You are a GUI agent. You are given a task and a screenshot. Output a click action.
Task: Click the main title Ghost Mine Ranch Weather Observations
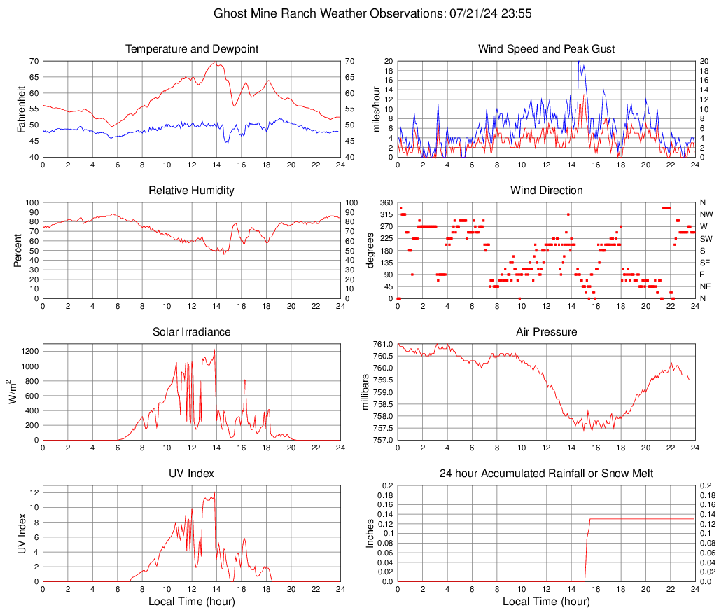coord(359,13)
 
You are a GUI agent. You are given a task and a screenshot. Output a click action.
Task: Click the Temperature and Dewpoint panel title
coord(191,49)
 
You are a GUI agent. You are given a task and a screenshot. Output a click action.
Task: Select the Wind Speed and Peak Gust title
coord(546,49)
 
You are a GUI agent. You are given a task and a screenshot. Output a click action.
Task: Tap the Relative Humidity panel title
coord(191,191)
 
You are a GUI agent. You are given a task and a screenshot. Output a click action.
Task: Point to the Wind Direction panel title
coord(546,191)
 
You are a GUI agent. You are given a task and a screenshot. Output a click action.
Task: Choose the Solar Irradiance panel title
coord(191,332)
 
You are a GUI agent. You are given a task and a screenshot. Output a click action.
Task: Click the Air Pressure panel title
coord(546,332)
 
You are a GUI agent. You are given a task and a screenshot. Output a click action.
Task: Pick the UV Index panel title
coord(191,474)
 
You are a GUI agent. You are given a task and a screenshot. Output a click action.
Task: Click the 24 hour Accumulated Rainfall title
coord(546,474)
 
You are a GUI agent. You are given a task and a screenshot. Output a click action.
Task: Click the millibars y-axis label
coord(366,392)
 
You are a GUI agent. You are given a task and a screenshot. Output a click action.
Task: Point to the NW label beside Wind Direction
coord(706,214)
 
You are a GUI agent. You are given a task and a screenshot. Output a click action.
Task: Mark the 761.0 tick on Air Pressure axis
coord(382,344)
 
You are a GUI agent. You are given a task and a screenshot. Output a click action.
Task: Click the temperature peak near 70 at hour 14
coord(216,62)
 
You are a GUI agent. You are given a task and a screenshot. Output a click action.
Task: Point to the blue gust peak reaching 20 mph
coord(578,62)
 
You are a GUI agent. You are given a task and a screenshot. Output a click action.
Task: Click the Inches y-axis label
coord(370,533)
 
